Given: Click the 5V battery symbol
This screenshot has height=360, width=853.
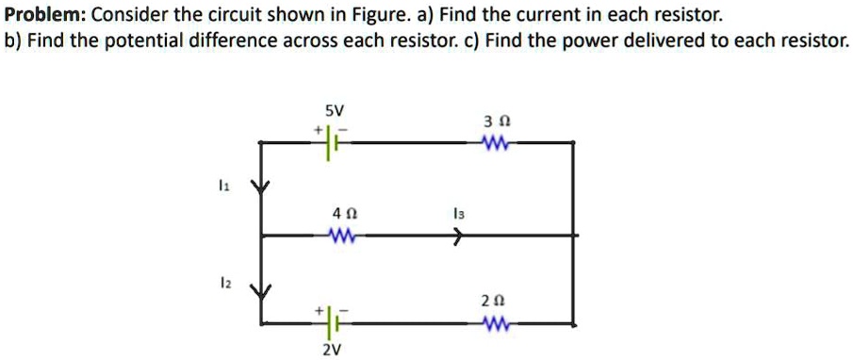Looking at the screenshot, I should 331,143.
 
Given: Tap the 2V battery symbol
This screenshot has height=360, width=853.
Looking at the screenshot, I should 331,324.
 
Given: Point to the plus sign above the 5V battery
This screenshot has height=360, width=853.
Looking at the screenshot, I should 319,128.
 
